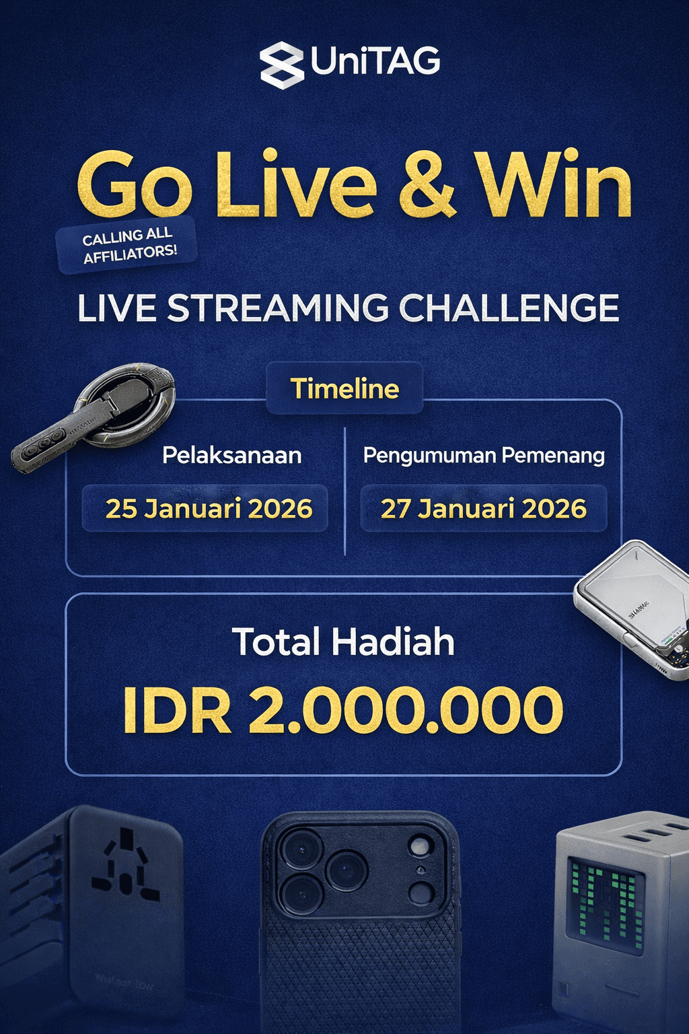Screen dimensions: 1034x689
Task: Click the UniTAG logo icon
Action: (282, 65)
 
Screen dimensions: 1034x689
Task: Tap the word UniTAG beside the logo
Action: (375, 62)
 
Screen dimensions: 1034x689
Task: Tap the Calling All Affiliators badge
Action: (128, 245)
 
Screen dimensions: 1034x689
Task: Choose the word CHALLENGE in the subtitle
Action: (509, 308)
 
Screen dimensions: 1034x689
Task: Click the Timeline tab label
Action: (344, 388)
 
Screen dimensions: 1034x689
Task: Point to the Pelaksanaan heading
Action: (231, 456)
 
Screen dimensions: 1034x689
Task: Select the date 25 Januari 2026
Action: (209, 509)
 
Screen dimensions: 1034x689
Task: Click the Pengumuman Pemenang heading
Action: (484, 456)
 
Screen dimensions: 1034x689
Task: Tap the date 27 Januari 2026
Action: (484, 509)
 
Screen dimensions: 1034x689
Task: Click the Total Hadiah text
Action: (343, 642)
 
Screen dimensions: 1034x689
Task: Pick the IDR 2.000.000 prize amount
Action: (343, 710)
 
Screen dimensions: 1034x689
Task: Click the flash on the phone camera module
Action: (421, 846)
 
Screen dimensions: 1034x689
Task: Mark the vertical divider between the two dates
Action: (344, 491)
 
